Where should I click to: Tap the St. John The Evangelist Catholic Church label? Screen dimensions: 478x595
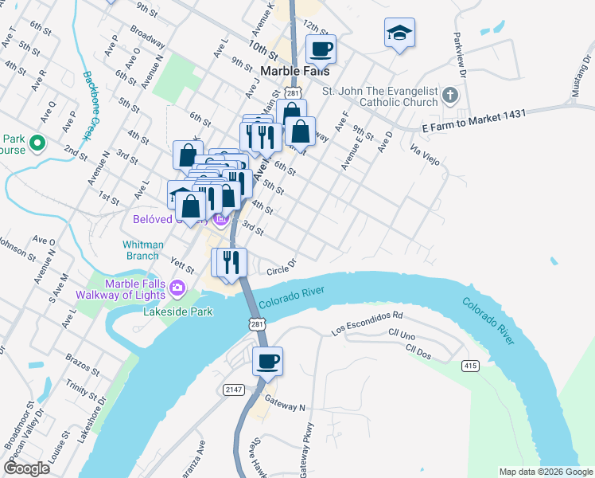tap(380, 96)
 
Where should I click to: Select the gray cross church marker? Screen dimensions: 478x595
tap(449, 96)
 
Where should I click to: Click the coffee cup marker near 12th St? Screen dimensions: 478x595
tap(321, 49)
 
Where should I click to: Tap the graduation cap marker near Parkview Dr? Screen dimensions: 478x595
tap(399, 33)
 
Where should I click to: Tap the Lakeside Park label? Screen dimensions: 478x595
tap(178, 311)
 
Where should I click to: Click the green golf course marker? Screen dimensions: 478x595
tap(37, 143)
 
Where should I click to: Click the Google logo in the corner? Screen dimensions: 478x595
tap(25, 468)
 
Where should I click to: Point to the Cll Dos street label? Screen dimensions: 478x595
tap(418, 351)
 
